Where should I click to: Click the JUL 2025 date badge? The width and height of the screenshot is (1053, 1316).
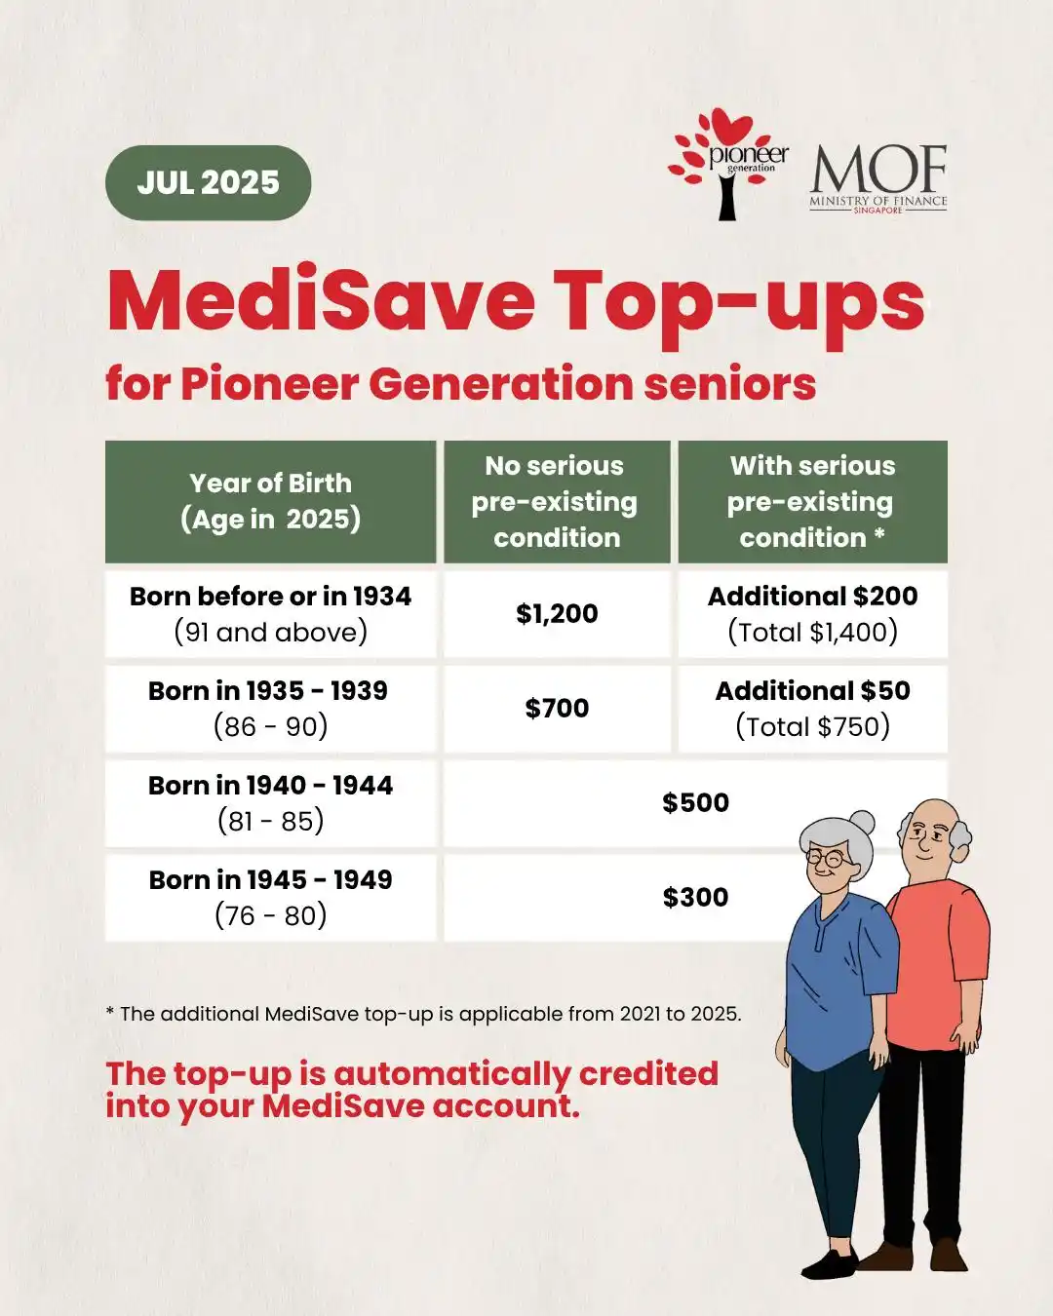click(208, 182)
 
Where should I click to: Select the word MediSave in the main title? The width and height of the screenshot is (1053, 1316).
click(322, 299)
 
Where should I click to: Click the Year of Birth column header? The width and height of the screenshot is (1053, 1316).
click(270, 501)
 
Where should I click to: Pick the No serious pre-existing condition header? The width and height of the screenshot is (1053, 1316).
click(557, 501)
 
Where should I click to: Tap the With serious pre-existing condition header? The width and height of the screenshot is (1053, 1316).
click(812, 501)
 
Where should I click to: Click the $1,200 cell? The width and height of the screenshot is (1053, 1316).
click(557, 613)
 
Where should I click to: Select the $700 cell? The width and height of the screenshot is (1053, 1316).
click(557, 708)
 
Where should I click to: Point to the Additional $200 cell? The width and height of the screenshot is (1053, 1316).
click(812, 613)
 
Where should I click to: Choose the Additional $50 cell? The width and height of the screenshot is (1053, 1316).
click(812, 708)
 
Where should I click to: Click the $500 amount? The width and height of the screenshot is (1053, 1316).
click(695, 802)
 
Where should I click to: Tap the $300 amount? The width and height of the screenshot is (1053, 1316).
click(695, 897)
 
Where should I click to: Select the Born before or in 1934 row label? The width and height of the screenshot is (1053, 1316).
click(270, 613)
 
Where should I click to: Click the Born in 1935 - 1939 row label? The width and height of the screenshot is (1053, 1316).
click(270, 708)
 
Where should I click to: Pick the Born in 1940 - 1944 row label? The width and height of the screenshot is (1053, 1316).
click(270, 802)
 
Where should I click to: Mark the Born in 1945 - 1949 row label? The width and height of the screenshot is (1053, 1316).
click(270, 897)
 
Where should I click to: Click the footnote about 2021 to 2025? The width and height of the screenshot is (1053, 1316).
click(423, 1014)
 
